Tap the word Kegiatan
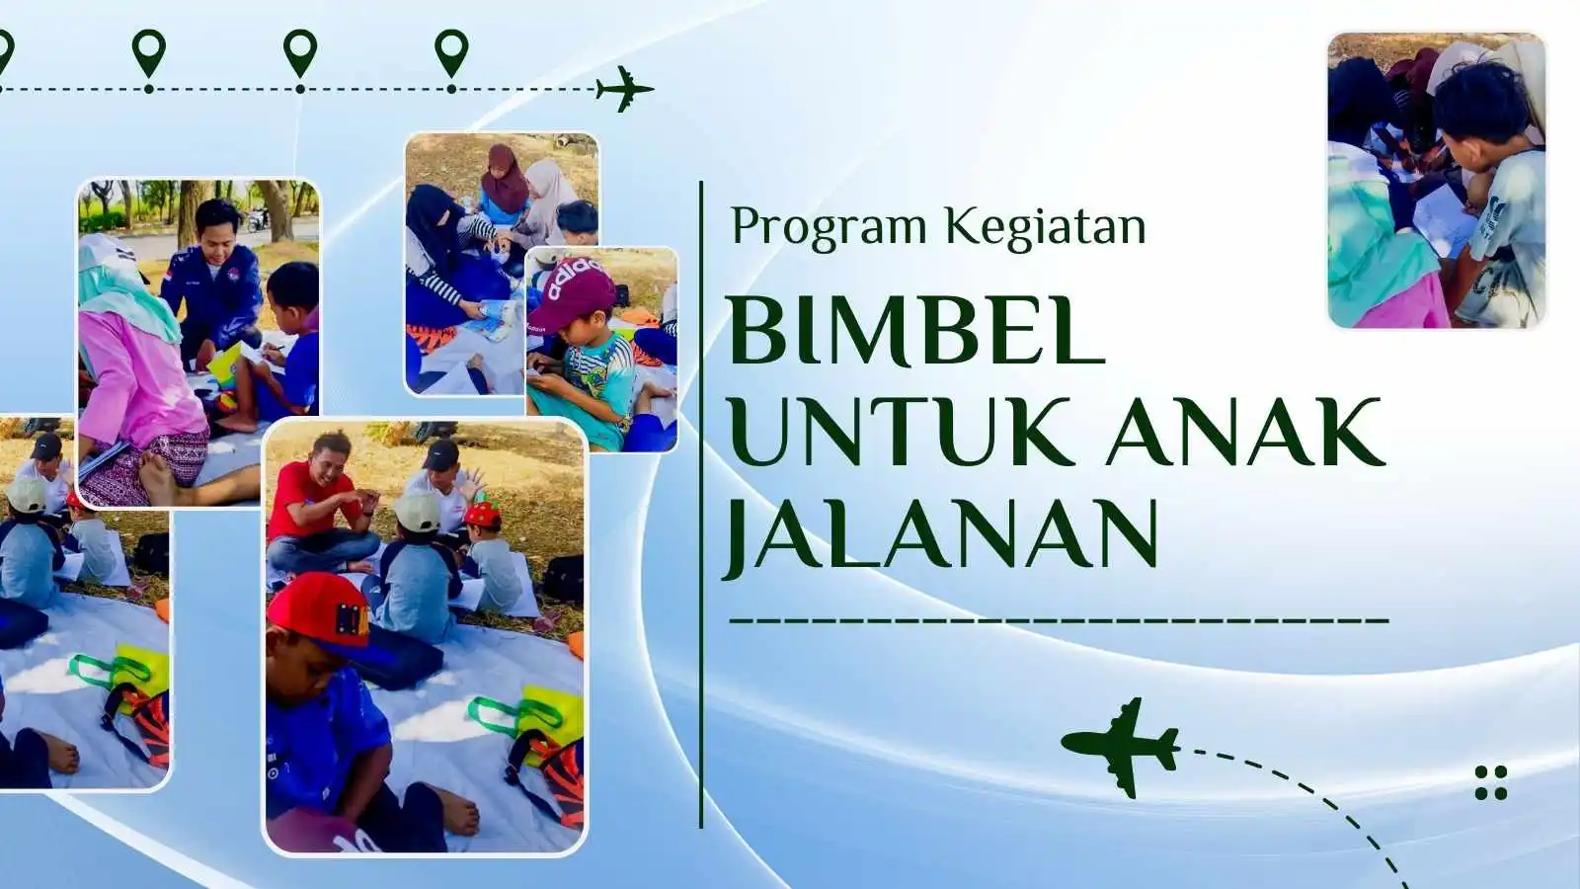coord(1046,227)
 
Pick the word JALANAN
coord(939,534)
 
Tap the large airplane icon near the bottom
coord(1120,748)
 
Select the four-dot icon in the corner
coord(1491,782)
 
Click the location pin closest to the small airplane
coord(451,53)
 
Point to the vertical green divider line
coord(701,505)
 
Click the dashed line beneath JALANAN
coord(1059,621)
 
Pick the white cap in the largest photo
coord(417,511)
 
